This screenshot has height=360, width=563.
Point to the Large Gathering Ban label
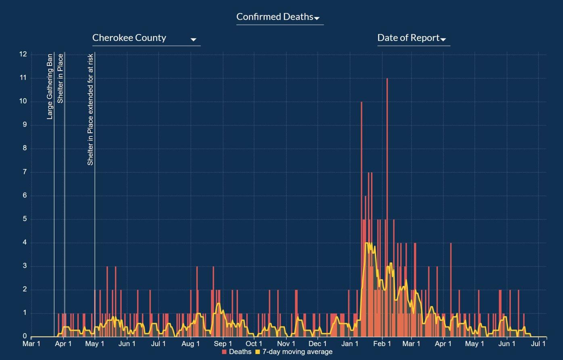(x=50, y=86)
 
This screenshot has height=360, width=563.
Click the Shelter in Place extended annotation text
(x=90, y=109)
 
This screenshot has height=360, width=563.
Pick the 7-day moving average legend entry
(x=294, y=352)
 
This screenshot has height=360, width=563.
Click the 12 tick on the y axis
(x=23, y=54)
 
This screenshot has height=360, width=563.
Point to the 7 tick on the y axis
(x=25, y=172)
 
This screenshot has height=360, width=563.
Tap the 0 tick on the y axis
(x=25, y=336)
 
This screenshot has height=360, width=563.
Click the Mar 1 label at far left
(x=31, y=344)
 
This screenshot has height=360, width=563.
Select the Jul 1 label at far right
(x=538, y=344)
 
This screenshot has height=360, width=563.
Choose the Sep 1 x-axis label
(x=223, y=344)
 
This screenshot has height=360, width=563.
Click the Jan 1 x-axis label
(x=350, y=344)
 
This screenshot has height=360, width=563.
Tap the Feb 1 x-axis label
(x=382, y=344)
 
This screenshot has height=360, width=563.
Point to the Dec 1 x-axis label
(x=318, y=344)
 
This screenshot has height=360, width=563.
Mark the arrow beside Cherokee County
(x=193, y=40)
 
